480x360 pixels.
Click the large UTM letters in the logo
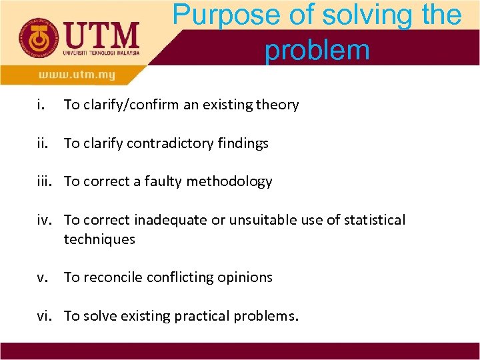[99, 33]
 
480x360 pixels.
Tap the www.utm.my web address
[76, 75]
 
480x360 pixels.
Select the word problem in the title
[317, 49]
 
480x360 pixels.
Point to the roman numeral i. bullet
[41, 105]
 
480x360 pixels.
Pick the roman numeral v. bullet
[42, 277]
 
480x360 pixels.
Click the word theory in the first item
[278, 105]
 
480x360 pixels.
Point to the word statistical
[373, 220]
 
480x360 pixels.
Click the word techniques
[99, 239]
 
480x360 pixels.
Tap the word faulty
[162, 181]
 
